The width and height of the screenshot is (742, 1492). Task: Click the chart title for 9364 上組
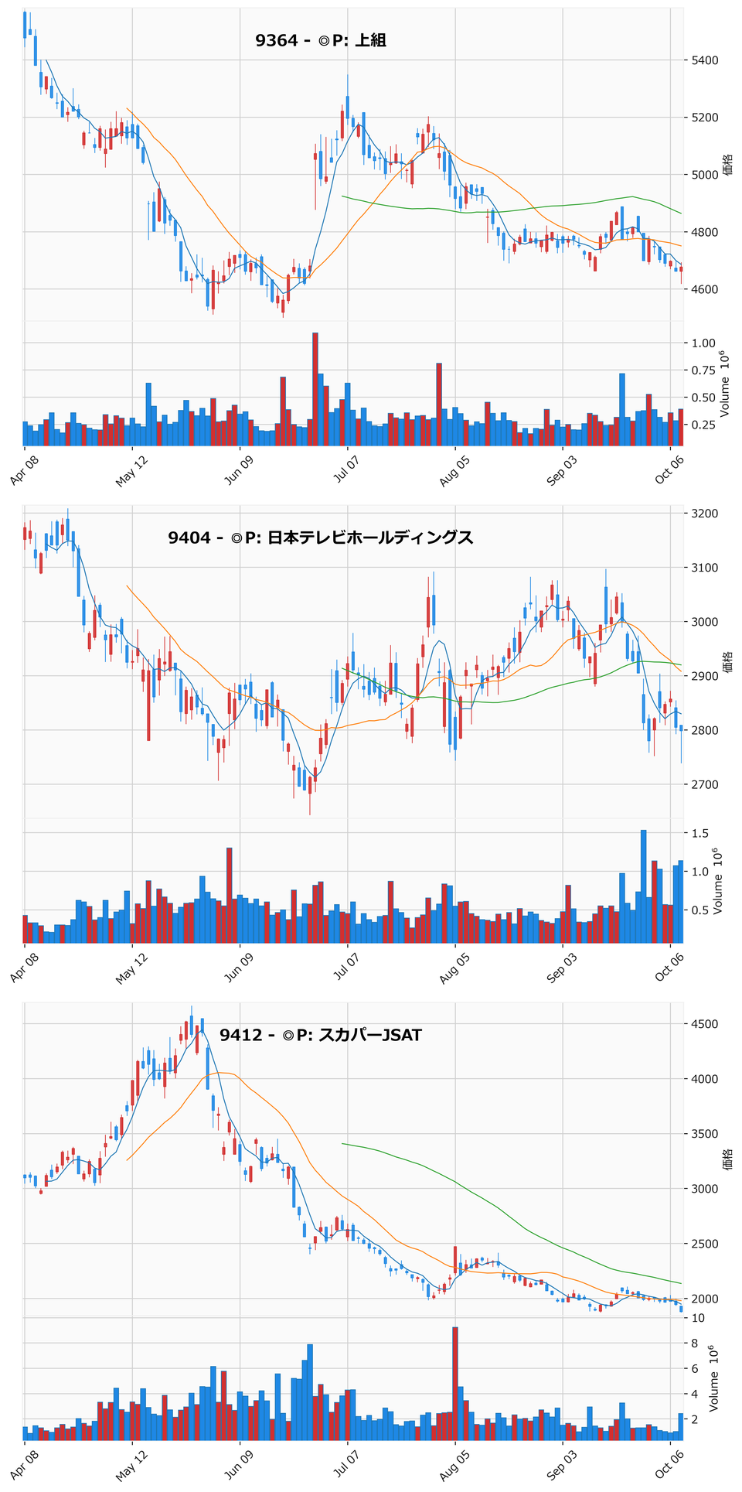(321, 40)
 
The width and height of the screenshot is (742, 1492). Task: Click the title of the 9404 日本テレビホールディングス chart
(321, 538)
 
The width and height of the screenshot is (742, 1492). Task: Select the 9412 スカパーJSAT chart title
(321, 1035)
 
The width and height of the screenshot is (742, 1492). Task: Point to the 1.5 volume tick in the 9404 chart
(699, 834)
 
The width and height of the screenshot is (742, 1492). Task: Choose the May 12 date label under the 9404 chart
(132, 968)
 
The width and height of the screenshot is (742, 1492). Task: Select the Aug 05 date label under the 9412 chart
(455, 1465)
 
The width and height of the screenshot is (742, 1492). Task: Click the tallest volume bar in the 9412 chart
(455, 1384)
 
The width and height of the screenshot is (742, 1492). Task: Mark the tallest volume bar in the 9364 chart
(315, 390)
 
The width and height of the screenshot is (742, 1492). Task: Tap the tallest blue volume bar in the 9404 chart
(644, 887)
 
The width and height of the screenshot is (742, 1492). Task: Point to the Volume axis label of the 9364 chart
(724, 384)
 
